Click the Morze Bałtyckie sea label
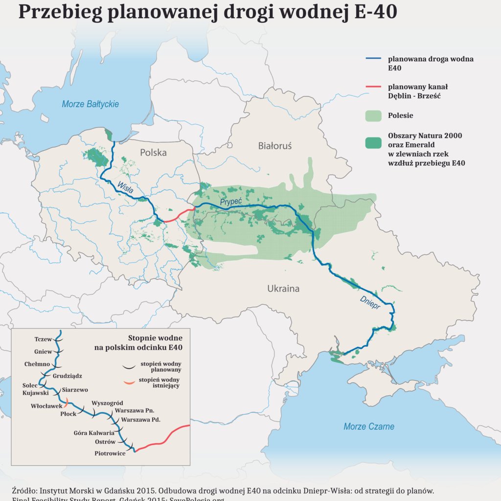[x=90, y=104]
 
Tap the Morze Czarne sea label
[x=368, y=427]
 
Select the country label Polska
[x=153, y=153]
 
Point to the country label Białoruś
[x=274, y=146]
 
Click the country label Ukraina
[x=283, y=289]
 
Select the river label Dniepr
[x=369, y=302]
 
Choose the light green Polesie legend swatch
[x=373, y=116]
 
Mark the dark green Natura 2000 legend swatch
[x=373, y=143]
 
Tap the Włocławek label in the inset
[x=46, y=406]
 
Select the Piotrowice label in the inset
[x=110, y=454]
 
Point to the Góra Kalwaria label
[x=94, y=433]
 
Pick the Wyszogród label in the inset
[x=107, y=403]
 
